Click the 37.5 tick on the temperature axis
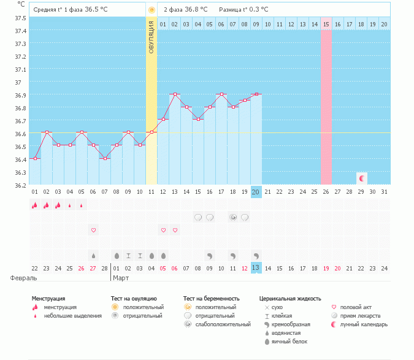point(21,18)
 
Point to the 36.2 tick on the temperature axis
point(21,185)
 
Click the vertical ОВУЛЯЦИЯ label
point(151,37)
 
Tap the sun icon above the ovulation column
point(151,10)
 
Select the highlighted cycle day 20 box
point(256,192)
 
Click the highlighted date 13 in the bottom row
point(256,267)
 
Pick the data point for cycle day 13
point(175,94)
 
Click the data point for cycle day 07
point(105,158)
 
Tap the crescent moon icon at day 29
point(362,178)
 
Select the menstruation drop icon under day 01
point(35,205)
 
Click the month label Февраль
point(20,277)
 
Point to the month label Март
point(121,277)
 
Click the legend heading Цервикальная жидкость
point(290,299)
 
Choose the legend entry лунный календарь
point(364,324)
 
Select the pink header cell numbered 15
point(326,24)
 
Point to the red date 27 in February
point(93,267)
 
